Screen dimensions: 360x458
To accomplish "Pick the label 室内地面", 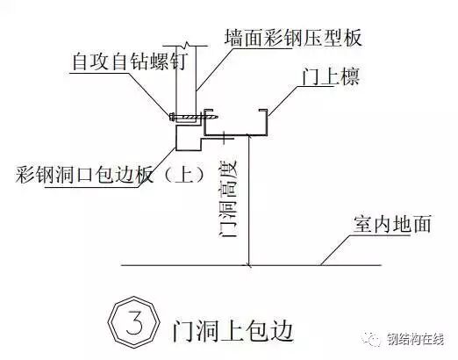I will (392, 225).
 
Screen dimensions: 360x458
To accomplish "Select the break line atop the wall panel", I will (181, 46).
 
